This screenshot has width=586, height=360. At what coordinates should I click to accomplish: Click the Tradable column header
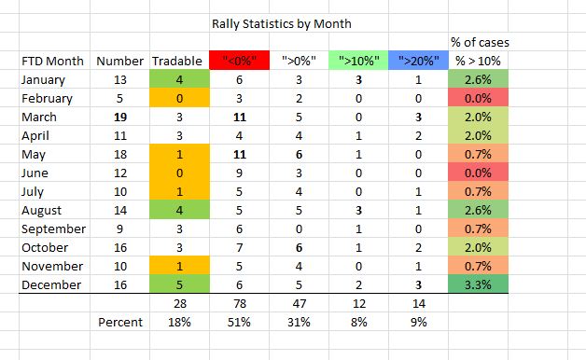pos(176,62)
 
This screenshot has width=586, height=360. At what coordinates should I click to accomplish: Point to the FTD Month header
pos(52,62)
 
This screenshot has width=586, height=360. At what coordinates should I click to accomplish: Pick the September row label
pos(52,228)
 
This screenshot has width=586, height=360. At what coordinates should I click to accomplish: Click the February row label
pos(49,98)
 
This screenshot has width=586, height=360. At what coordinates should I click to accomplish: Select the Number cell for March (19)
pos(119,117)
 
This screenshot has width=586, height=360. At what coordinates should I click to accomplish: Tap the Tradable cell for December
pos(176,284)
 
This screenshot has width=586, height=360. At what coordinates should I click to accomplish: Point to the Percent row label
pos(119,323)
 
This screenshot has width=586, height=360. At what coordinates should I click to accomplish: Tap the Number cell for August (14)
pos(119,210)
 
